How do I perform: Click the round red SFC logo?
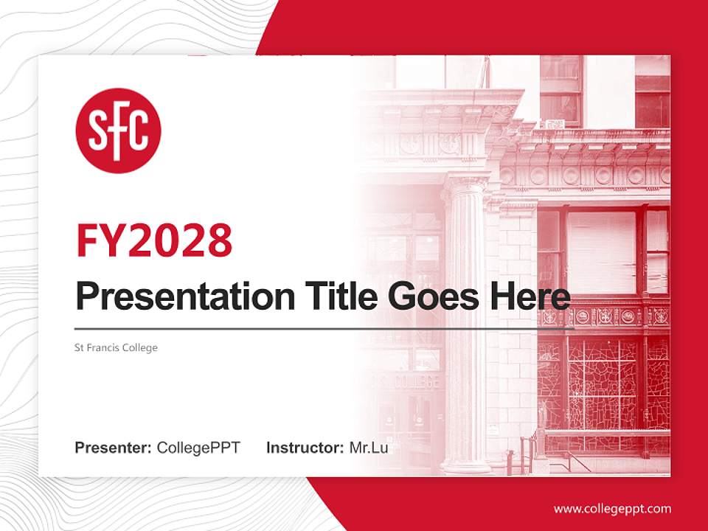coord(118,131)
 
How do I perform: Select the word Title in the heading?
coord(339,296)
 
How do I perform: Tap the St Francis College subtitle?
coord(117,347)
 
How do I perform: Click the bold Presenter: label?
coord(114,448)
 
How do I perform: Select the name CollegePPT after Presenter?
coord(198,448)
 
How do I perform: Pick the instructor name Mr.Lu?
coord(369,448)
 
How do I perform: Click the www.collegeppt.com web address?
coord(612,508)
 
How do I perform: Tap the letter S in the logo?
coord(99,131)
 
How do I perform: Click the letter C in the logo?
coord(139,131)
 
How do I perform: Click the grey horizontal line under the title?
coord(324,328)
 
